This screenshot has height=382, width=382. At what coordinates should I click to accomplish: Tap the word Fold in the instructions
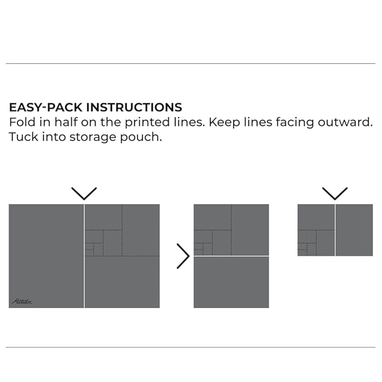tap(21, 122)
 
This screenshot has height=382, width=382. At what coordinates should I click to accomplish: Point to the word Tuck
tap(22, 137)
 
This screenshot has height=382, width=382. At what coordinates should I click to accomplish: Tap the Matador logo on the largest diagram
tap(21, 301)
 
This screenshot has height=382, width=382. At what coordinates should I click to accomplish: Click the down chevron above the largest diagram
tap(84, 193)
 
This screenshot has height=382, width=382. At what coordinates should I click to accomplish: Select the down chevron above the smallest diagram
tap(335, 193)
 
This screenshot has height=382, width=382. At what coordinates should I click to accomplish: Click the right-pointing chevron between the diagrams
tap(183, 256)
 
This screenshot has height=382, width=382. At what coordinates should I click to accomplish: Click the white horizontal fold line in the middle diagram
tap(231, 256)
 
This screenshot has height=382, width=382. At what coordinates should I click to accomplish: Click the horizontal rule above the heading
tap(191, 63)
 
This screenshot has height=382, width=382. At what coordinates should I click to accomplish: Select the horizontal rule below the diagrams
tap(191, 347)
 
